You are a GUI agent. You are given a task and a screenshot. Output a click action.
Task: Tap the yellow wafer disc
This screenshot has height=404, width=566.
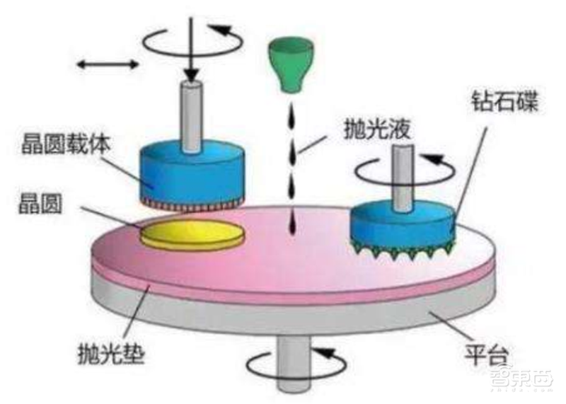point(192,233)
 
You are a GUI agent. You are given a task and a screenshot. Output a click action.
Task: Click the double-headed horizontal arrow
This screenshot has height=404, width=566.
point(108,64)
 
